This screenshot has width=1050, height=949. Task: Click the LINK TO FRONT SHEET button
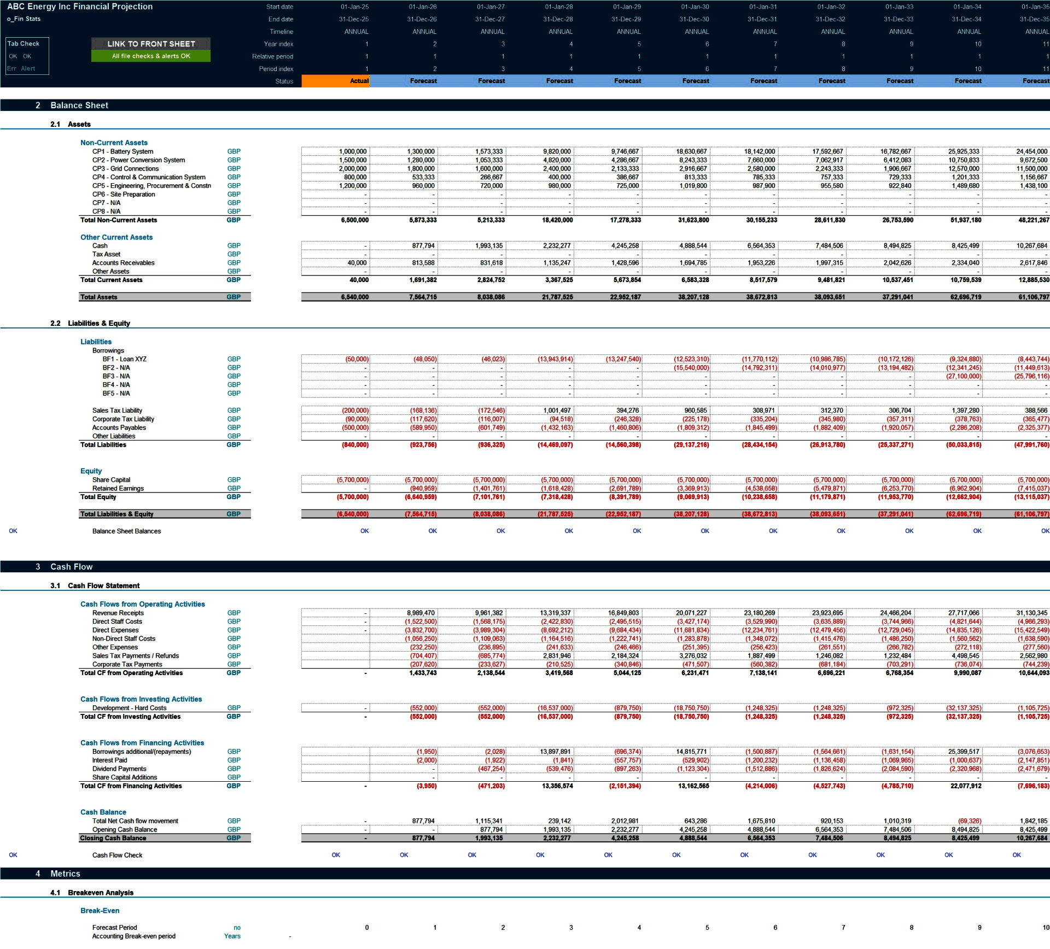coord(151,44)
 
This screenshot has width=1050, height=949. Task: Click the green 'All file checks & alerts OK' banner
coord(151,56)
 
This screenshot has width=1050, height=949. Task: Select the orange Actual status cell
coord(335,81)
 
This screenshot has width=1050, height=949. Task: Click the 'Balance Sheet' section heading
coord(79,106)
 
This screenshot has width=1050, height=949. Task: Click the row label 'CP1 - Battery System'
coord(122,151)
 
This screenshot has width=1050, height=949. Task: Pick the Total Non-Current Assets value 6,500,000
coord(354,220)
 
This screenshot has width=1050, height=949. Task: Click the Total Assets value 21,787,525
coord(557,297)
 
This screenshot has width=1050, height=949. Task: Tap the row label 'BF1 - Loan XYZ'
coord(124,359)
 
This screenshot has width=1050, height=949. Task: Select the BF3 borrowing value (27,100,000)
coord(964,377)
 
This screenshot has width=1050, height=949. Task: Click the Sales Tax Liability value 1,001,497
coord(557,411)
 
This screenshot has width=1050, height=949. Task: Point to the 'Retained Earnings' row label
coord(118,489)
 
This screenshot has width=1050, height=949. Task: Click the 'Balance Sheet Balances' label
coord(126,531)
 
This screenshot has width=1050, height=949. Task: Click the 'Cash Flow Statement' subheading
coord(103,586)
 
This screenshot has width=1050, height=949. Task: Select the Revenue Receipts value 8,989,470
coord(421,613)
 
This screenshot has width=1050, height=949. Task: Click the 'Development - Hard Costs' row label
coord(129,708)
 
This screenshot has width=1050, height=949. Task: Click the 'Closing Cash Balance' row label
coord(113,838)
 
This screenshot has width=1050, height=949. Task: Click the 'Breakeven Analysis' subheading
coord(101,893)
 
